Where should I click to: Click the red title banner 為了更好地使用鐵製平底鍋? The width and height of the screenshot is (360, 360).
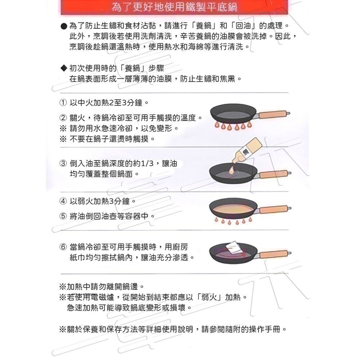(x=175, y=7)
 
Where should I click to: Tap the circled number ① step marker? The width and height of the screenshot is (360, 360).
(x=63, y=103)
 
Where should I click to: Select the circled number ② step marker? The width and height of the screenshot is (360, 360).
(x=63, y=118)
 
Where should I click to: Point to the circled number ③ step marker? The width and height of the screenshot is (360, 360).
(x=63, y=163)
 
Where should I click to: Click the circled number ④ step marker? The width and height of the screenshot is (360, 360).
(x=63, y=201)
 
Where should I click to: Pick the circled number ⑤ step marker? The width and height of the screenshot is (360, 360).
(x=63, y=216)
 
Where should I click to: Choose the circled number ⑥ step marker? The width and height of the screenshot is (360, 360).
(x=63, y=247)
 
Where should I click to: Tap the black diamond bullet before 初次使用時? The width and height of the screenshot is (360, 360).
(x=63, y=68)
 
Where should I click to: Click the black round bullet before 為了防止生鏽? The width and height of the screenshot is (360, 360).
(x=63, y=27)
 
